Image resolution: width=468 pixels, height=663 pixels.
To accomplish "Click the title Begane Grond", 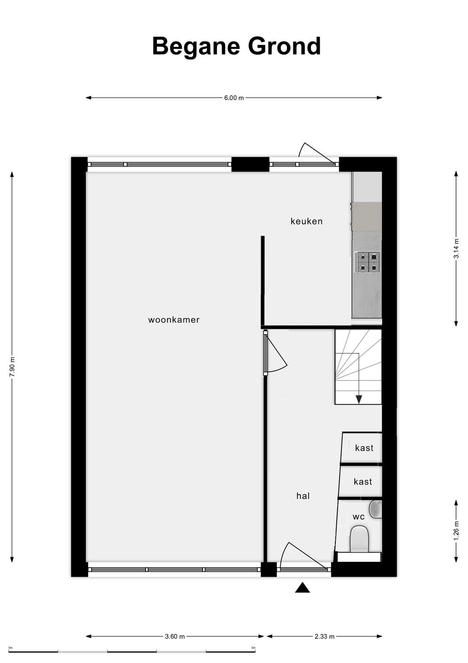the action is (x=236, y=46).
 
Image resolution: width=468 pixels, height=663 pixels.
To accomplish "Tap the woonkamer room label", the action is (x=174, y=320).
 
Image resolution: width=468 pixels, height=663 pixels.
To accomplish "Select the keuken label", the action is (x=306, y=221).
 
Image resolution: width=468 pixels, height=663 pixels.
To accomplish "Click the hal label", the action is (x=303, y=496).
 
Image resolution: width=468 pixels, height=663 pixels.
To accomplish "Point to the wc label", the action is (x=359, y=517).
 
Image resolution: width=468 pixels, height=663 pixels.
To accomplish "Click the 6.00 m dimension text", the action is (x=234, y=98).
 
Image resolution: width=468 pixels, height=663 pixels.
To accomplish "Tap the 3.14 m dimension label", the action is (x=456, y=249).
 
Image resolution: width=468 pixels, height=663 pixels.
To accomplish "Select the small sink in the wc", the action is (x=376, y=509).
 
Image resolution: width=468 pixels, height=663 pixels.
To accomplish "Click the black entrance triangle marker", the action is (x=302, y=588).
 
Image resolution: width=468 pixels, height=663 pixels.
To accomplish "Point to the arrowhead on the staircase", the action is (x=359, y=400).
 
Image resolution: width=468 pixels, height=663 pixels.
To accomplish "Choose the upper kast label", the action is (x=364, y=448).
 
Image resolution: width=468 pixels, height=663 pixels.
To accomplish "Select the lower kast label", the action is (x=363, y=482).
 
